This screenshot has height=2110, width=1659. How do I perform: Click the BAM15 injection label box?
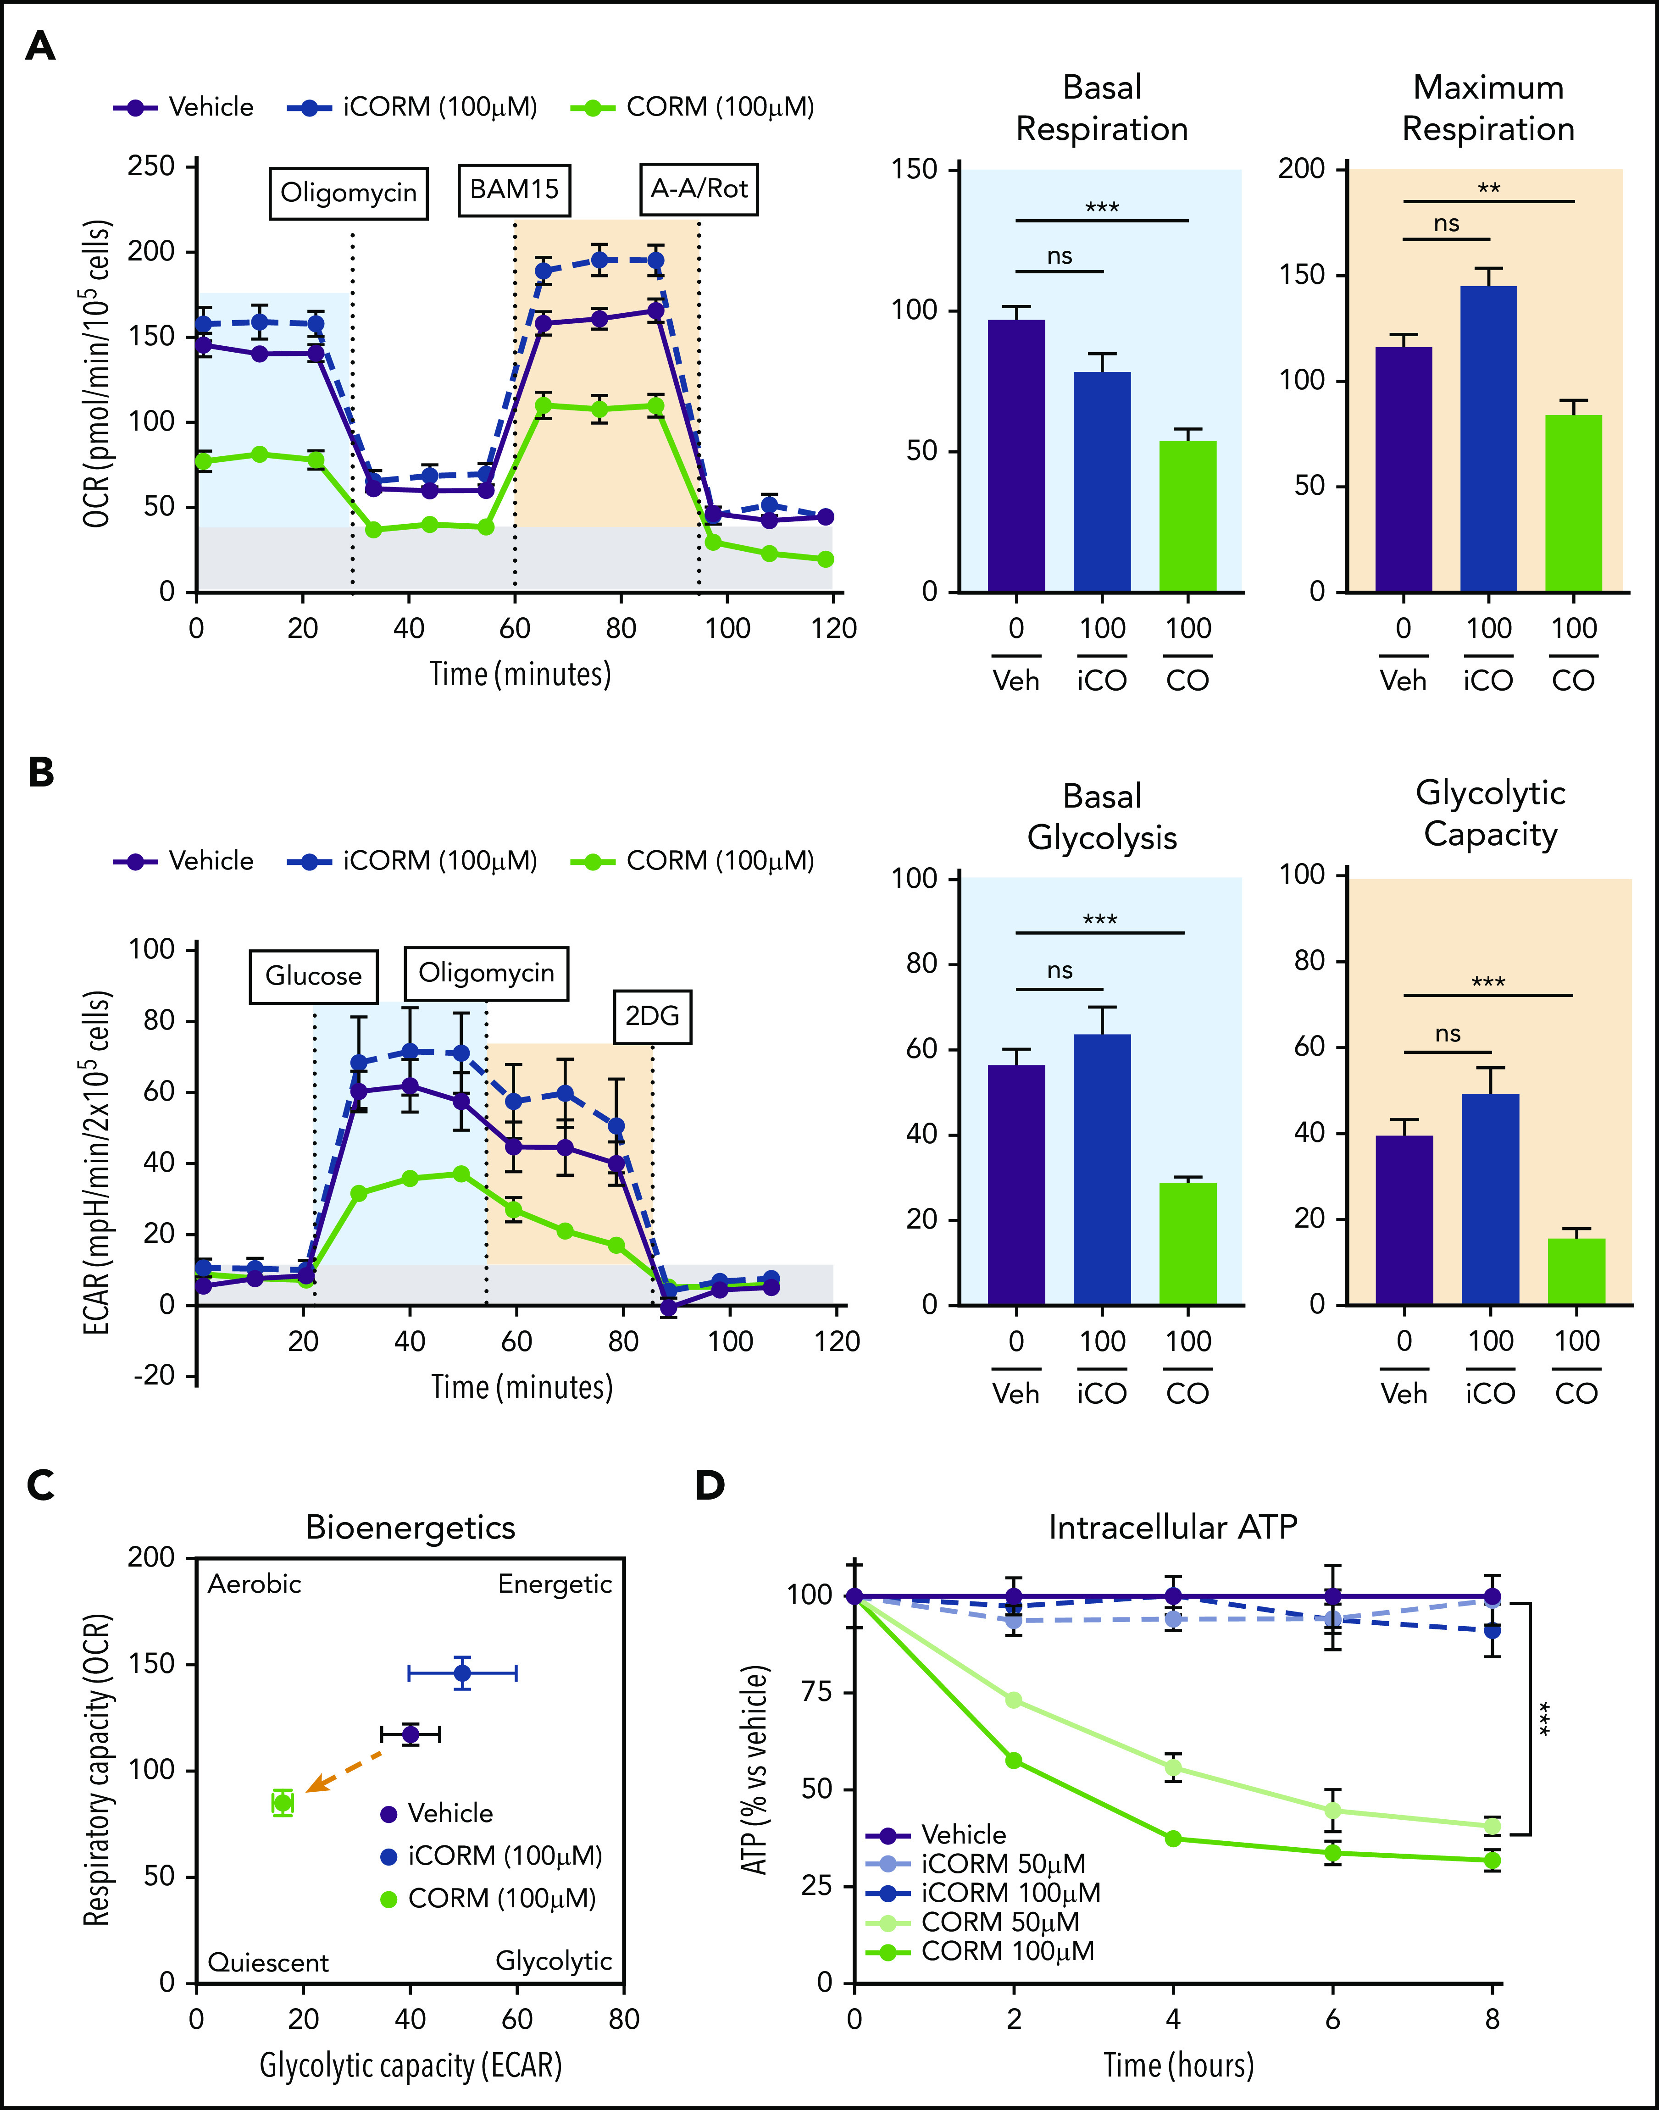tap(514, 189)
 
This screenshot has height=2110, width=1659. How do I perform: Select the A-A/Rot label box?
tap(699, 189)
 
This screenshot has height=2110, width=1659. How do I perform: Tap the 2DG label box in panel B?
tap(652, 1017)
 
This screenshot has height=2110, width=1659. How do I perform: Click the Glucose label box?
tap(314, 976)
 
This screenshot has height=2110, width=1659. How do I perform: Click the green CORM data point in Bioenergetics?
tap(283, 1802)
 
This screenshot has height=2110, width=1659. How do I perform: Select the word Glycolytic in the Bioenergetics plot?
tap(554, 1960)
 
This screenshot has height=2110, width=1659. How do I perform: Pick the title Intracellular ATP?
tap(1172, 1528)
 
